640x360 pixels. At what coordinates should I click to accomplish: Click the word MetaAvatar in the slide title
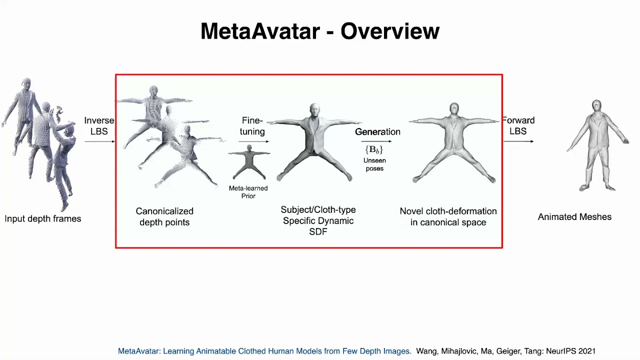click(260, 31)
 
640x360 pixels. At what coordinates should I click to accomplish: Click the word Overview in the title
click(390, 31)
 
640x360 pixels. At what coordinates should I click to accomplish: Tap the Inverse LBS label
click(99, 126)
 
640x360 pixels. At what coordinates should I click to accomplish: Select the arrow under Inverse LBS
click(99, 142)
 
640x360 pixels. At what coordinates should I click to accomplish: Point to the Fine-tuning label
click(252, 126)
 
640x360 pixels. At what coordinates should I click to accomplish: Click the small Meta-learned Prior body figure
click(249, 162)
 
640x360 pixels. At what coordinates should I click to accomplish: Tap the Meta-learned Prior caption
click(248, 192)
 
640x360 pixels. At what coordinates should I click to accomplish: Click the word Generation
click(377, 132)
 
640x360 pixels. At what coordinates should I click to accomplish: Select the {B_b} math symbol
click(374, 150)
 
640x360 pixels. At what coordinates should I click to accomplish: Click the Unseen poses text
click(374, 164)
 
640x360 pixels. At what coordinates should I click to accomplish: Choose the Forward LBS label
click(518, 126)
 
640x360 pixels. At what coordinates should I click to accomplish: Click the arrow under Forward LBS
click(518, 141)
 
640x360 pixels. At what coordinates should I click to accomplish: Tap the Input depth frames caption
click(43, 219)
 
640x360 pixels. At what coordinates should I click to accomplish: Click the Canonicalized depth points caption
click(164, 216)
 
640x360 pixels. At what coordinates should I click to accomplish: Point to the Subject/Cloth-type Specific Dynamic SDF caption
click(318, 220)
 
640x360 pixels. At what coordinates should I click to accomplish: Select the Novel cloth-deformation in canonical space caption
click(448, 216)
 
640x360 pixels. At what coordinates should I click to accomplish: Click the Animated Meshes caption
click(574, 217)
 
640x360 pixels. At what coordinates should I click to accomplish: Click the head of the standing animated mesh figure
click(596, 106)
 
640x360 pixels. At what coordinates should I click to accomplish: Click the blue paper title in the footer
click(264, 351)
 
